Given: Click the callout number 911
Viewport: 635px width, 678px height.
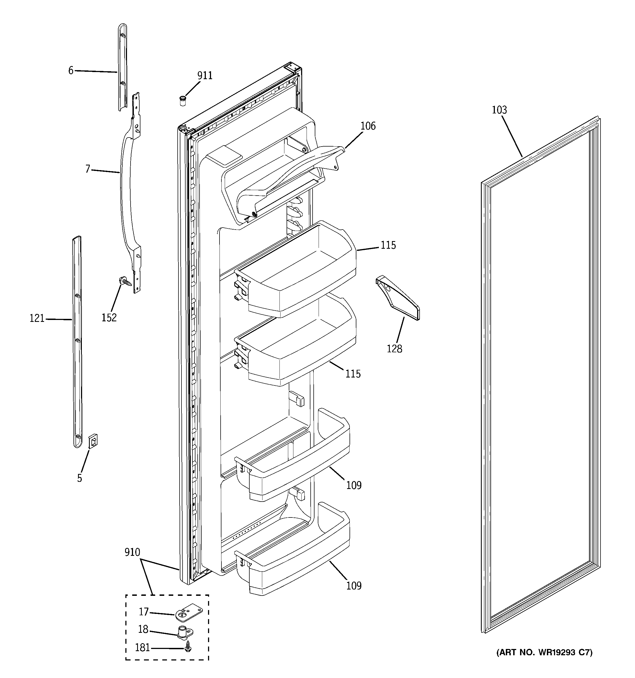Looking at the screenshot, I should coord(205,76).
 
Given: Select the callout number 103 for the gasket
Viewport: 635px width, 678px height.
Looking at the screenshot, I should coord(499,110).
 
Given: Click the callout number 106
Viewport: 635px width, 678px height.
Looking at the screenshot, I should coord(368,126).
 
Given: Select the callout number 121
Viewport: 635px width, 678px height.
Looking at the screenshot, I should coord(37,319).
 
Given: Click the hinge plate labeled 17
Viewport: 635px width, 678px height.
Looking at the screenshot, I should coord(188,613).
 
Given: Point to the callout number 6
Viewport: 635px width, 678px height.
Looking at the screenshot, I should coord(71,71).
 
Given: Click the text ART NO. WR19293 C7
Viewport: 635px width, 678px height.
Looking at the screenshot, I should coord(544,653).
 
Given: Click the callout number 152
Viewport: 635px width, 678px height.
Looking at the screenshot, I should coord(109,317).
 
